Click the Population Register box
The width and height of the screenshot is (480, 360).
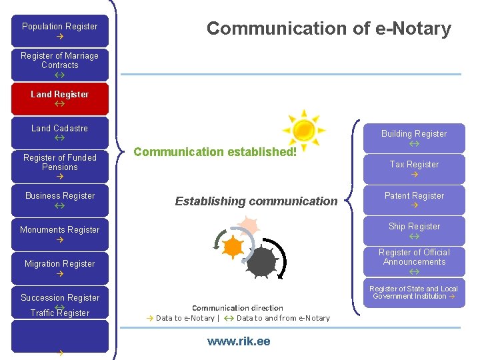click(60, 31)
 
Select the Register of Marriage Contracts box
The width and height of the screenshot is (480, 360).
click(60, 65)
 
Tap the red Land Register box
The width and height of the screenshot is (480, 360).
click(60, 99)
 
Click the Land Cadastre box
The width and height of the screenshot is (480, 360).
click(60, 133)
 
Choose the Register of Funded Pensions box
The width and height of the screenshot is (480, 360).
click(60, 167)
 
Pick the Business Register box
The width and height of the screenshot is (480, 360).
click(60, 200)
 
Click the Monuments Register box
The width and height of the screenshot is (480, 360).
click(60, 234)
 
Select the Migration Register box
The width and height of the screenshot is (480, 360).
click(60, 268)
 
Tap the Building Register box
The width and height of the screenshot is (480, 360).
click(414, 138)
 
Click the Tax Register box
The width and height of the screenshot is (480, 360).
click(414, 169)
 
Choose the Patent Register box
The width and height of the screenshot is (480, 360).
click(414, 200)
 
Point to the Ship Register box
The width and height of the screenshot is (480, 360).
click(414, 231)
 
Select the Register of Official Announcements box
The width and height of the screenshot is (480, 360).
click(414, 261)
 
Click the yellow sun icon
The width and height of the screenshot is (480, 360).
click(303, 129)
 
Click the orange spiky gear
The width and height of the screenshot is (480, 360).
click(233, 247)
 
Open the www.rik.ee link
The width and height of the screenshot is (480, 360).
click(239, 341)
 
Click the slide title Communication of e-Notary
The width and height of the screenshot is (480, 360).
click(329, 29)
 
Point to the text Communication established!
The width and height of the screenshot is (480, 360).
click(215, 152)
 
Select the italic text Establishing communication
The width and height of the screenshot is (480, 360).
click(256, 201)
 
